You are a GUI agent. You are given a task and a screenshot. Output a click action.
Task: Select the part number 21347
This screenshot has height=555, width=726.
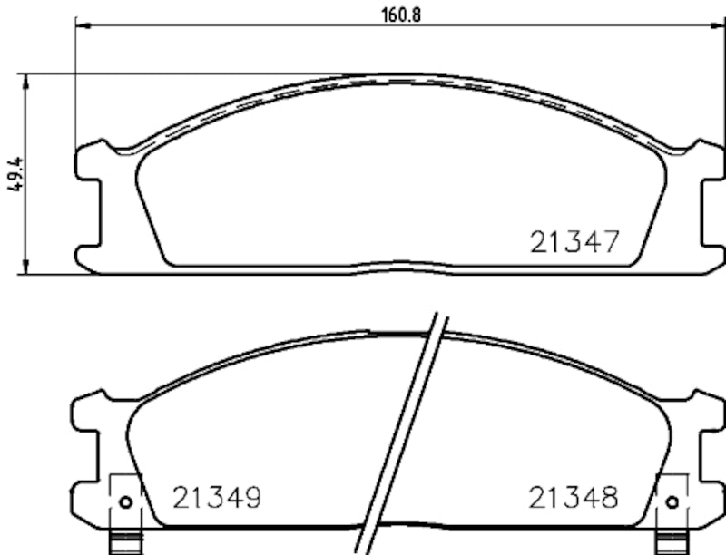pos(574,241)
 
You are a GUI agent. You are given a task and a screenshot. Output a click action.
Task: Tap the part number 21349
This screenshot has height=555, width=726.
pos(217,497)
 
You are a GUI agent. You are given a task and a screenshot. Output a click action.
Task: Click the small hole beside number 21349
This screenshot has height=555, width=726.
pos(125,502)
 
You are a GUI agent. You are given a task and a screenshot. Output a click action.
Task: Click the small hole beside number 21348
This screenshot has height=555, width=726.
pos(672,502)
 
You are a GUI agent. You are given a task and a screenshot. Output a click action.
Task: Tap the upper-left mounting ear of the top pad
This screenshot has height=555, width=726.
pos(89,161)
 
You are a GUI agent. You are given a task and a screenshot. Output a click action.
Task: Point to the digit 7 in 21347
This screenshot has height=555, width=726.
pos(609,241)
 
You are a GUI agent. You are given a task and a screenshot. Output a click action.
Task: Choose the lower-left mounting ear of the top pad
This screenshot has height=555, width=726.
pos(89,256)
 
